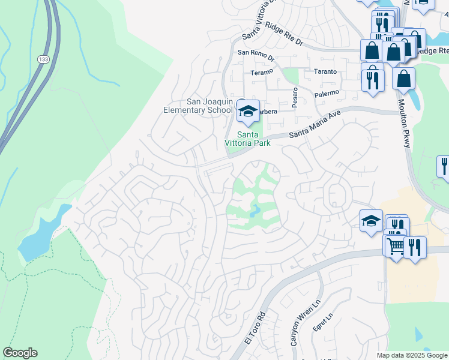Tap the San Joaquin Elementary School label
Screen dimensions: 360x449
(x=198, y=106)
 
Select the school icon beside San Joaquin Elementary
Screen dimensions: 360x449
(x=247, y=110)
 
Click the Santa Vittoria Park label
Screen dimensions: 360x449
(x=247, y=139)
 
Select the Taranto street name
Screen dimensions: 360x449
(x=325, y=71)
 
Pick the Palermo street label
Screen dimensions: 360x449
(x=327, y=93)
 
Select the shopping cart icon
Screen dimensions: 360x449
(x=396, y=246)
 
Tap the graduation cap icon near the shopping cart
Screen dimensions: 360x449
(x=371, y=221)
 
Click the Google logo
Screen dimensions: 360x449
(x=20, y=353)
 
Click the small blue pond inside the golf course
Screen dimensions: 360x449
(x=254, y=211)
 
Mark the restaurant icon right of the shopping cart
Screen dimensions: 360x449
(x=415, y=246)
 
